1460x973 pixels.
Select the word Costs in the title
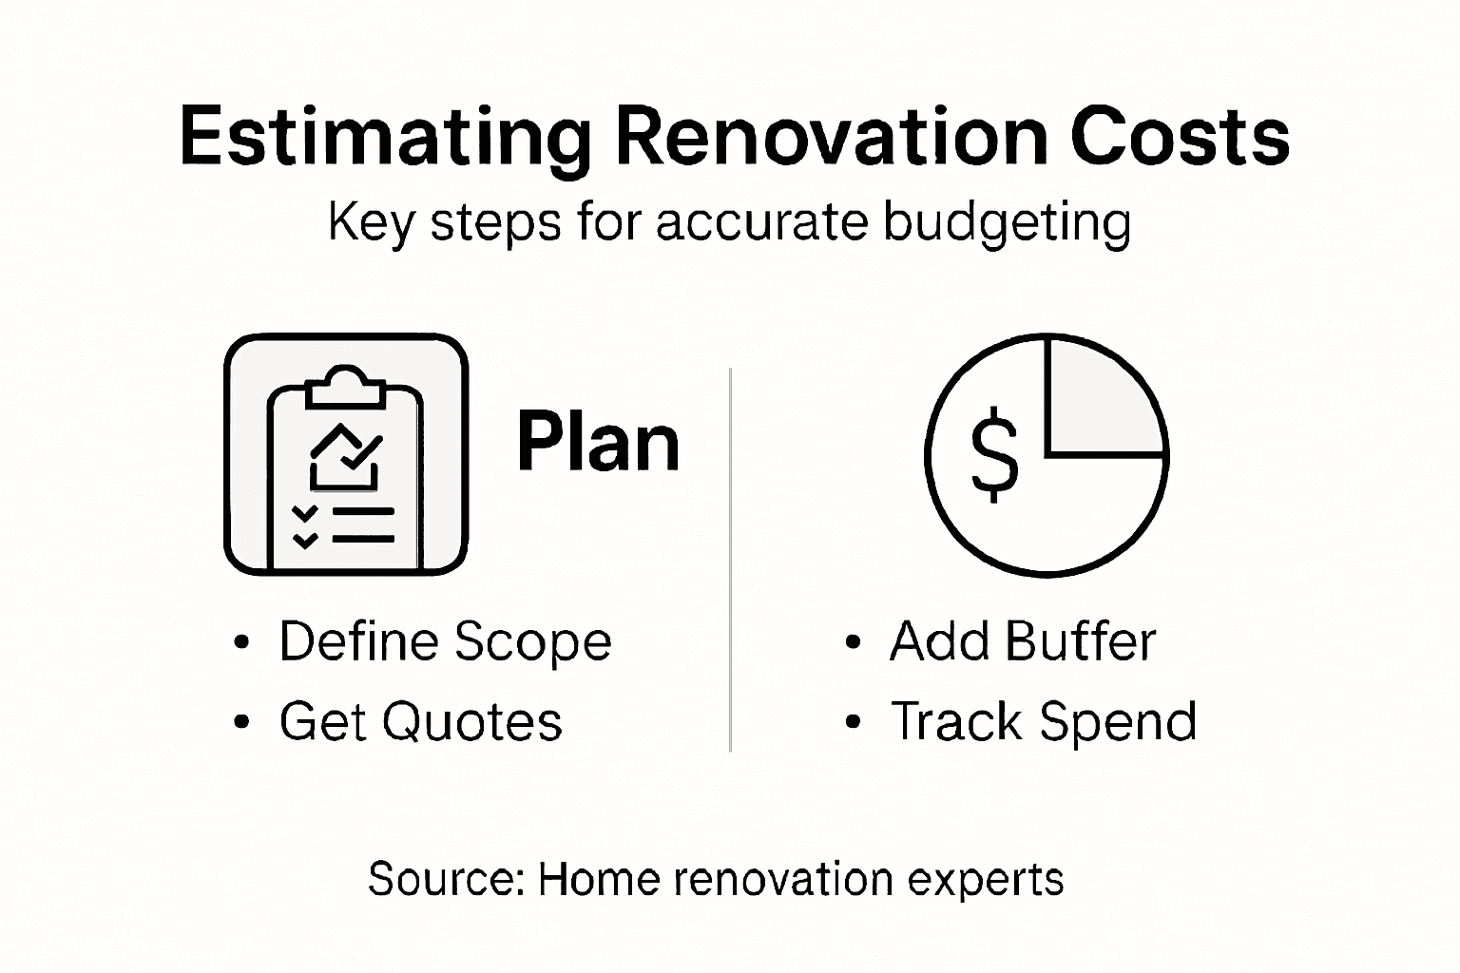[x=1180, y=138]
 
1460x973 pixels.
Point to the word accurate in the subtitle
[x=761, y=222]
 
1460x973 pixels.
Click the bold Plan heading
[x=599, y=443]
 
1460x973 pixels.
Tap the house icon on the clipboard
[x=345, y=456]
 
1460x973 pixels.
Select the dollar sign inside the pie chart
[x=994, y=454]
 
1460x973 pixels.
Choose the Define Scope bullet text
[x=445, y=641]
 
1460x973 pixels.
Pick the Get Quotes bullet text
[x=420, y=721]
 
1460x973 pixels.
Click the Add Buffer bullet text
[x=1022, y=641]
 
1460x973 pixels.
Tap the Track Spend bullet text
[x=1043, y=721]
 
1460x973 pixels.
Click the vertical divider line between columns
[x=729, y=561]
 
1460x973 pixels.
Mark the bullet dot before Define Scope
[x=241, y=643]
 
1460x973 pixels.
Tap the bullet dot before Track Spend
[x=853, y=722]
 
